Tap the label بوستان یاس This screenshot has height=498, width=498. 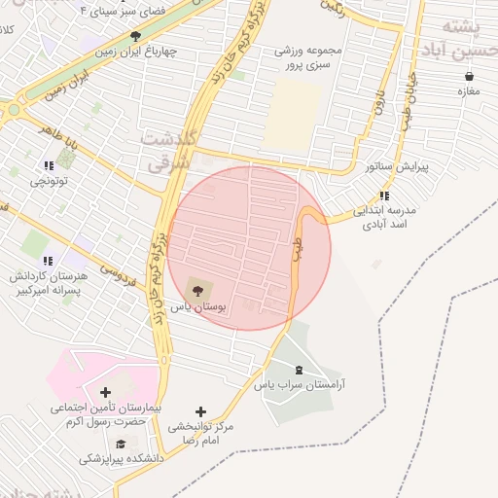[198, 306]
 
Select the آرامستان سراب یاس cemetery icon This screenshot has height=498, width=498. [299, 369]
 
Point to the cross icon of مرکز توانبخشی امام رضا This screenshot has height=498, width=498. [201, 411]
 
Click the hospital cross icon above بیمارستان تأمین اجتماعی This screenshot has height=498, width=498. [105, 391]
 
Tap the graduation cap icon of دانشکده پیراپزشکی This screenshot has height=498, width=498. [120, 443]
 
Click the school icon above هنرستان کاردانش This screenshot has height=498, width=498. [48, 260]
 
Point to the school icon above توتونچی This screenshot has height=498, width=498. [49, 166]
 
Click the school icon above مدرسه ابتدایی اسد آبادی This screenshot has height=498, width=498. [384, 196]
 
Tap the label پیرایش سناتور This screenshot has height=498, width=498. [397, 166]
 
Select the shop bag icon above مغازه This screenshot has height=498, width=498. [470, 76]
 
